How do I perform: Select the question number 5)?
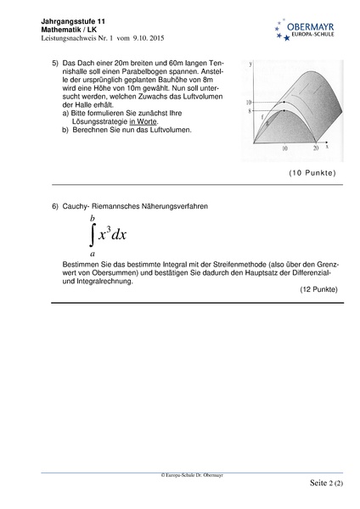55,64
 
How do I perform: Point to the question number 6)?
55,205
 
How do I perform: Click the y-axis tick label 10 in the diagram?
249,101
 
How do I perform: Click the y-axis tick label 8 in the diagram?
250,111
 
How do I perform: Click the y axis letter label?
251,64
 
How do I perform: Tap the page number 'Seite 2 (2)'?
320,484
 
